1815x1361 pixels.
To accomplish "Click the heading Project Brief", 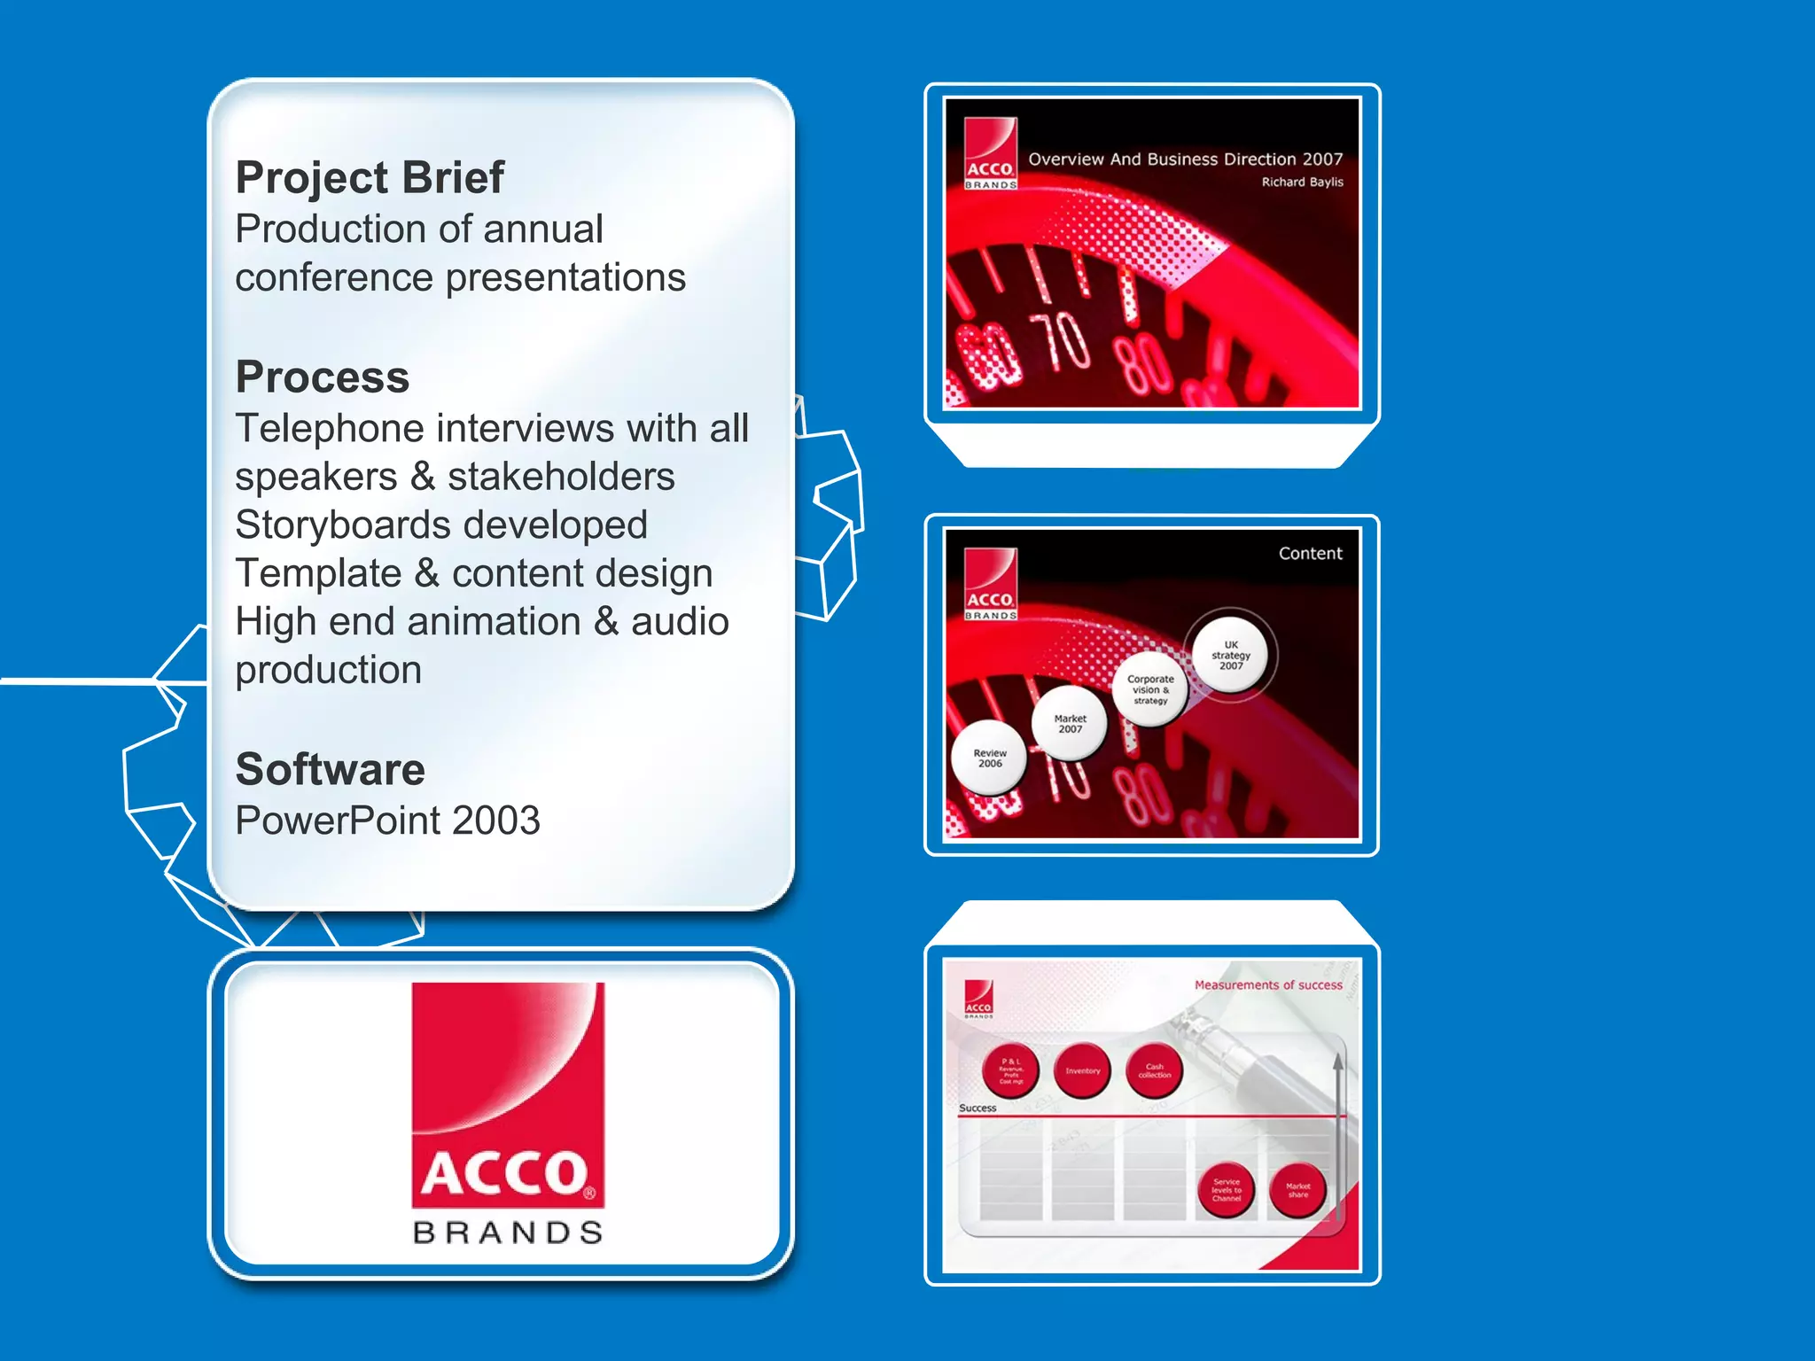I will (370, 177).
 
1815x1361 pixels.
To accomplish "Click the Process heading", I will (323, 377).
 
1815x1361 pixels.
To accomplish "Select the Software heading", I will (330, 768).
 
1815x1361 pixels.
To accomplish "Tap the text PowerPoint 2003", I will (387, 820).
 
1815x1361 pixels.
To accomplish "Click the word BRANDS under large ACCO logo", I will (508, 1233).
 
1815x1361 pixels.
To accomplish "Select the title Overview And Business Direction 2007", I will (1185, 159).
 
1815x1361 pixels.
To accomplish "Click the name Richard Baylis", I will (1302, 182).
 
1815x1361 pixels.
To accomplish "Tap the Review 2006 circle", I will (989, 758).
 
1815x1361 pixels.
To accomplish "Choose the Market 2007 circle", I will (1070, 724).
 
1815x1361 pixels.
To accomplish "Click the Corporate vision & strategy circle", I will (1150, 689).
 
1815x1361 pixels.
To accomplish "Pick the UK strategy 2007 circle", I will (1230, 656).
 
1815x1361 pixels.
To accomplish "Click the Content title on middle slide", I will (1310, 554).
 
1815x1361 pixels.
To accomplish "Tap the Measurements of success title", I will (1267, 985).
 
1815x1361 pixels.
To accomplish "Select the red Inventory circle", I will (1082, 1071).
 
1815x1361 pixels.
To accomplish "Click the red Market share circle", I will (1297, 1190).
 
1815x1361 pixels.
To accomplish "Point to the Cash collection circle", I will (1154, 1071).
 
